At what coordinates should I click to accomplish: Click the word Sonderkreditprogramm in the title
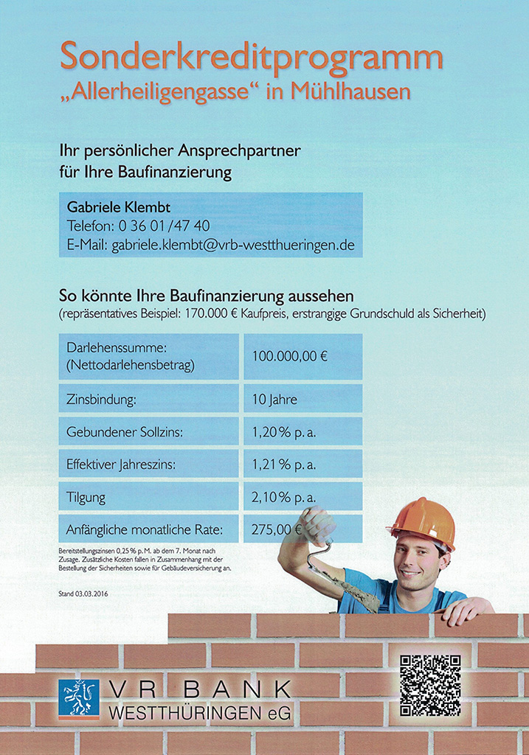[x=251, y=58]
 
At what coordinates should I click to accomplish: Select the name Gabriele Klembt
[x=118, y=207]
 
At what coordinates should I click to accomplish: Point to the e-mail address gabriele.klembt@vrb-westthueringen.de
[x=233, y=245]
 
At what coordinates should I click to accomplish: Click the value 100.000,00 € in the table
[x=289, y=356]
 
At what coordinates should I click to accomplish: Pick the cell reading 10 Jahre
[x=274, y=400]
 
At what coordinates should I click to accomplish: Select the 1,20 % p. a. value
[x=283, y=433]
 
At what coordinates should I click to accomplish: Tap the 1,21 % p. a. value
[x=283, y=465]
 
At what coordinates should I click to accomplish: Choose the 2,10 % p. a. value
[x=283, y=498]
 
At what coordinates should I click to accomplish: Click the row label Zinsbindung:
[x=102, y=400]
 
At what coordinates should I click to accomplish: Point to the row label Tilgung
[x=86, y=498]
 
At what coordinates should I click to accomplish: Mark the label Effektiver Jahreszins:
[x=121, y=465]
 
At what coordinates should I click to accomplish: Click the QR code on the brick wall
[x=430, y=685]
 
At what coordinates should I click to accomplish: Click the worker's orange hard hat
[x=423, y=521]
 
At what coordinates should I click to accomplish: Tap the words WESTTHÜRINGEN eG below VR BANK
[x=199, y=714]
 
